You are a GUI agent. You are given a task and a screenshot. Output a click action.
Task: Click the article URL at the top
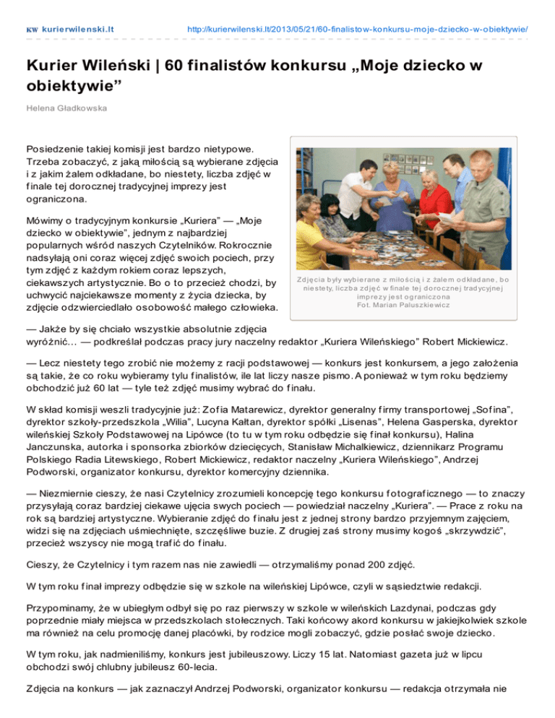coord(357,30)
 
